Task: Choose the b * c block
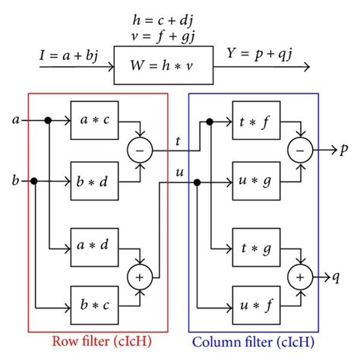[95, 306]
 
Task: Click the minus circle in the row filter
[139, 150]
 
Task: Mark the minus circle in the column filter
[300, 150]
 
